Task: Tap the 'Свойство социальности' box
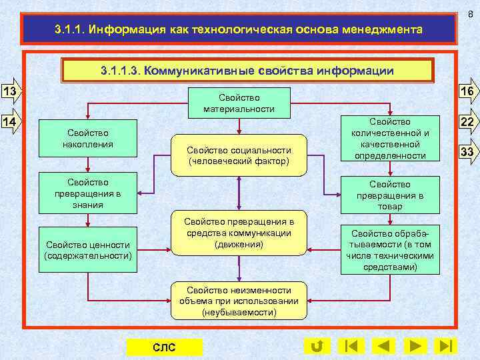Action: (x=239, y=155)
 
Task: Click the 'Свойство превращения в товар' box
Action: (x=391, y=195)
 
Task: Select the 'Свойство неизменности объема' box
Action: (x=239, y=301)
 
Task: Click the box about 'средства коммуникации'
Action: (x=239, y=233)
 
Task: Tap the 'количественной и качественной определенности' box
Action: (x=391, y=139)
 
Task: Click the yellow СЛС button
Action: (x=164, y=347)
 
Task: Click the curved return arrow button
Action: (x=317, y=346)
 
